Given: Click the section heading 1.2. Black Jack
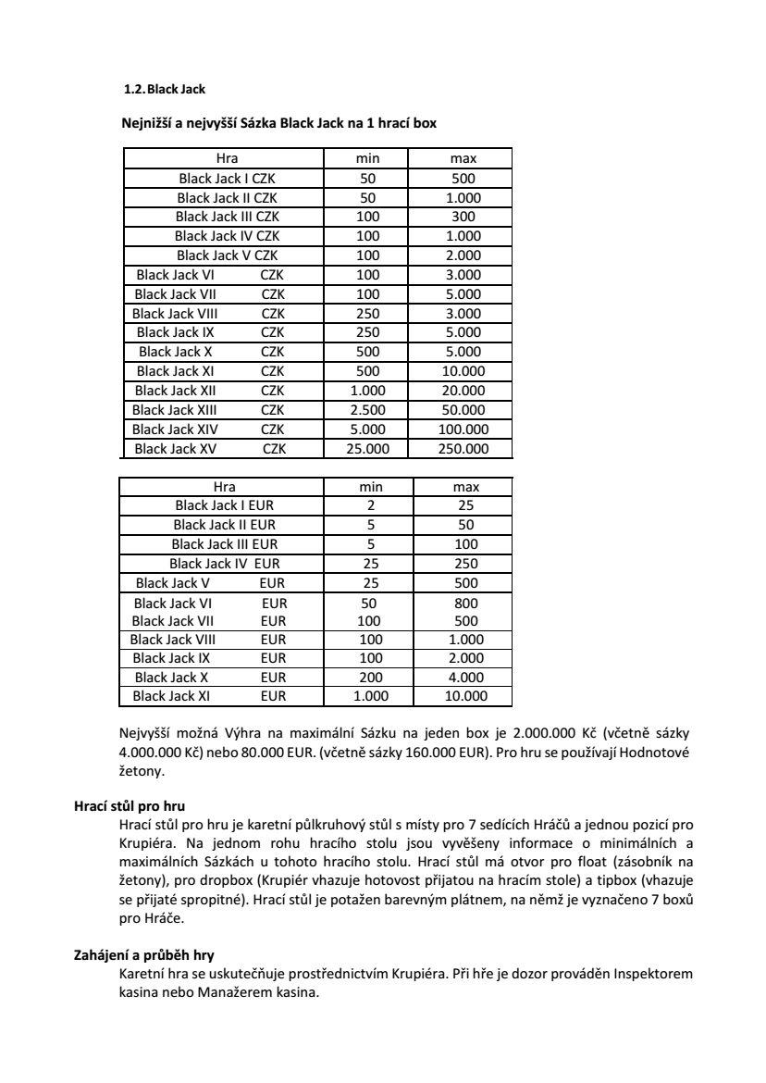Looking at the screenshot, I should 165,90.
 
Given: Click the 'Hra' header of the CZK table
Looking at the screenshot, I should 227,158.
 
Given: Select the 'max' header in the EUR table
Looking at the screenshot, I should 466,487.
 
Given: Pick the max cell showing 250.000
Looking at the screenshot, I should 463,449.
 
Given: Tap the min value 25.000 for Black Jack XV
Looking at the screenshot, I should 367,449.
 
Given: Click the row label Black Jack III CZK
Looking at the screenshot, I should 227,217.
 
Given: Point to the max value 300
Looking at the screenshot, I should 463,217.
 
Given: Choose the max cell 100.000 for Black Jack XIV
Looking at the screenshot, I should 463,429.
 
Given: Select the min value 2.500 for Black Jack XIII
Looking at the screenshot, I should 367,410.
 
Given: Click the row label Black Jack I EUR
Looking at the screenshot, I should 224,506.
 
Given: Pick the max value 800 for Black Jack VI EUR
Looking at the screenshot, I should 466,603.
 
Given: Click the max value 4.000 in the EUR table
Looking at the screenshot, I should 465,678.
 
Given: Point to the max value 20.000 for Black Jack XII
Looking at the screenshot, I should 463,391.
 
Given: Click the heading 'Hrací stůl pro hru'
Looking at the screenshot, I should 123,806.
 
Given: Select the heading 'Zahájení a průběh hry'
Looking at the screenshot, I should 135,956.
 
